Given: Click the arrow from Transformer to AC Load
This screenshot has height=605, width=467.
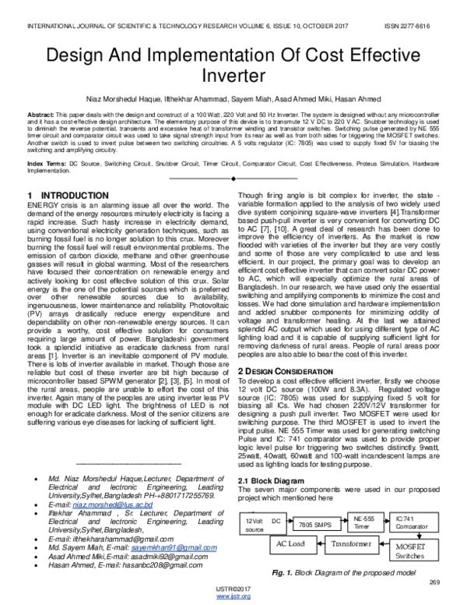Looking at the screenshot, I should tap(323, 544).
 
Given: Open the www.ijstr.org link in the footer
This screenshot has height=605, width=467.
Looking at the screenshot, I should tap(233, 597).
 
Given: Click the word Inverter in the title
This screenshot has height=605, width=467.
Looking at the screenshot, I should tap(233, 78).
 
